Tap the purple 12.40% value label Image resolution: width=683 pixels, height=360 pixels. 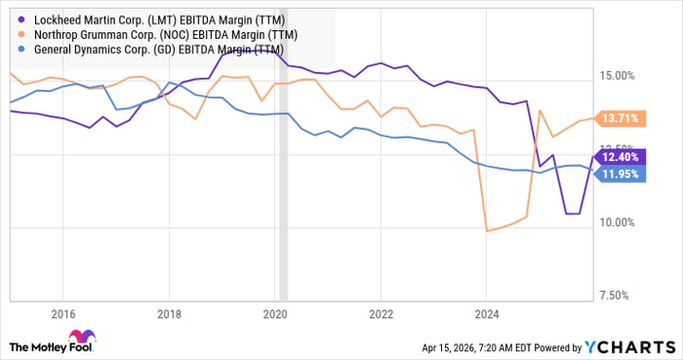tap(620, 157)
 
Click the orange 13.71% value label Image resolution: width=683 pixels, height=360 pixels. tap(620, 118)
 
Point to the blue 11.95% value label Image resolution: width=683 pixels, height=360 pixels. tap(620, 174)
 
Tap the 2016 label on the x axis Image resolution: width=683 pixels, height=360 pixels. tap(62, 314)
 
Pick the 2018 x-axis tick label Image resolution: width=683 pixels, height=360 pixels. tap(169, 314)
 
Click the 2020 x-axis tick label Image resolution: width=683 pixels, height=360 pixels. tap(274, 314)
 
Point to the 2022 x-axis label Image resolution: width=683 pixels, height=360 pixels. tap(381, 314)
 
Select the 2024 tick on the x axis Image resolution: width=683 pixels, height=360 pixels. tap(486, 314)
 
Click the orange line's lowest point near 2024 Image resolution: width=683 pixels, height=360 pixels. tap(487, 231)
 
